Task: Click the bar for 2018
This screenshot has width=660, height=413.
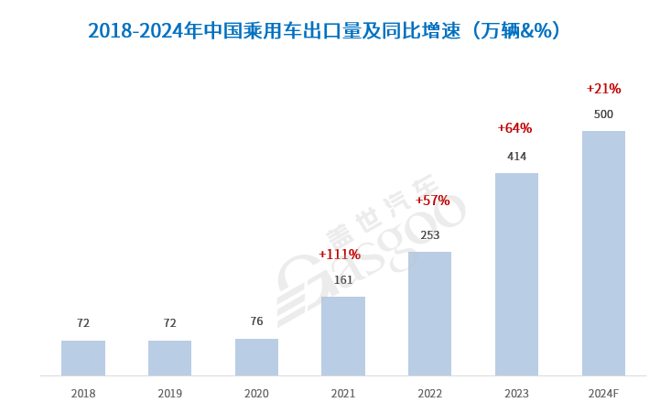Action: (83, 358)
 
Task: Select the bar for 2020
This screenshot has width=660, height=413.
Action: (256, 357)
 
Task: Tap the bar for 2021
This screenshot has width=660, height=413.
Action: (343, 336)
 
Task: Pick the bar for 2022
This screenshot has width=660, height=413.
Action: (429, 313)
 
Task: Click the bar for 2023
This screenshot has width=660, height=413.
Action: (516, 274)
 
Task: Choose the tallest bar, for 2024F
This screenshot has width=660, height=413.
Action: (603, 253)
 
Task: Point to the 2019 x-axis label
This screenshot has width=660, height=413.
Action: (169, 394)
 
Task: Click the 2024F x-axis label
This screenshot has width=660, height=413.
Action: (603, 394)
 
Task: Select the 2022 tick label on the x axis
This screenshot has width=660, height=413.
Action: (429, 394)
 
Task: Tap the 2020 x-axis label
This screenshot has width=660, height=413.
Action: (256, 394)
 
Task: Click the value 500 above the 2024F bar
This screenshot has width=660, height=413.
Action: (603, 114)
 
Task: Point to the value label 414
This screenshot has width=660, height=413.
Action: (516, 157)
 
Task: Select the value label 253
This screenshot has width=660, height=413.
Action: (429, 235)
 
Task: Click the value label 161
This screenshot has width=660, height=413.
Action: (343, 280)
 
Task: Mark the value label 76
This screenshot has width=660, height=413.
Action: (256, 321)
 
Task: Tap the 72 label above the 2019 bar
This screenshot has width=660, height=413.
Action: (169, 323)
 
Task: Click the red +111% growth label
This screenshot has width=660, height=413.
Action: (340, 255)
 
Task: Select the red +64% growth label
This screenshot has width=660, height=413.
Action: (514, 128)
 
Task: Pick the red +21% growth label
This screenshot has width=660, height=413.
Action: (603, 89)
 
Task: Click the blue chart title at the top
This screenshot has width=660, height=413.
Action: (324, 31)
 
